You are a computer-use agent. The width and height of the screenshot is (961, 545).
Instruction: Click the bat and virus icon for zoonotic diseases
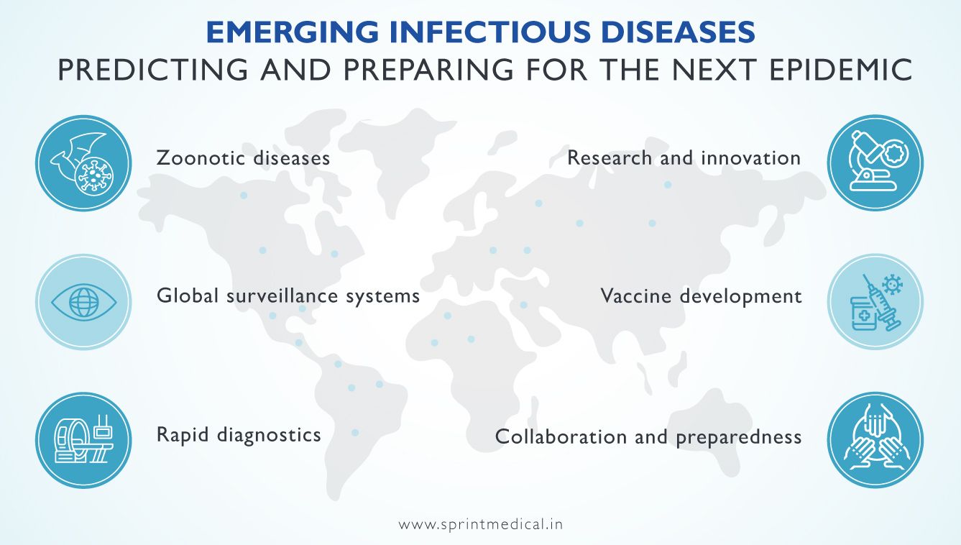point(83,163)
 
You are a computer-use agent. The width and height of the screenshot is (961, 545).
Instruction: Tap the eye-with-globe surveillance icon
point(83,302)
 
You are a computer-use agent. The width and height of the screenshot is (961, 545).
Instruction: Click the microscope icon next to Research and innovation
point(874,163)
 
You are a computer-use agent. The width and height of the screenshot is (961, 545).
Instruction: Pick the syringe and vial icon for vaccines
point(874,302)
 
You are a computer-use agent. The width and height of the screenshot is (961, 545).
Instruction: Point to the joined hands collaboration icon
point(874,439)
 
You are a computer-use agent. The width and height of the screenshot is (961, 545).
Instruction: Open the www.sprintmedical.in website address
point(480,524)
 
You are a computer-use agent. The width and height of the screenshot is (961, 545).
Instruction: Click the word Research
point(610,157)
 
